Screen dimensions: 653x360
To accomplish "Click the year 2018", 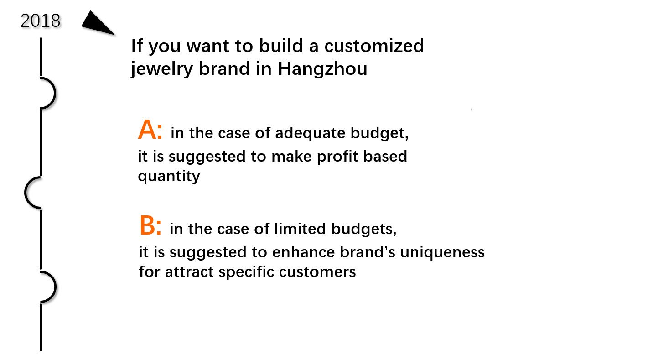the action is coord(41,21).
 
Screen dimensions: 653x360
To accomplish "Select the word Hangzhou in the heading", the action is coord(322,69).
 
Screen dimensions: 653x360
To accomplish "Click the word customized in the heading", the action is coord(374,46).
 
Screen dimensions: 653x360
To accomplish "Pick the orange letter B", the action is coord(147,225).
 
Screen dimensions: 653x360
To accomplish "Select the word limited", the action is coord(300,229).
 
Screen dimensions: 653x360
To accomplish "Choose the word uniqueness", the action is coord(442,252).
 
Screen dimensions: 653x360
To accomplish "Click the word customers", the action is coord(317,272).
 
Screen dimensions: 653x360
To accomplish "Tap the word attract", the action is coord(189,272).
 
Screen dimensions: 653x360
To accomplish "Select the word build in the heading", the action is coord(281,46).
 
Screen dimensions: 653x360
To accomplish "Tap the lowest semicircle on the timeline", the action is coord(55,287).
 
